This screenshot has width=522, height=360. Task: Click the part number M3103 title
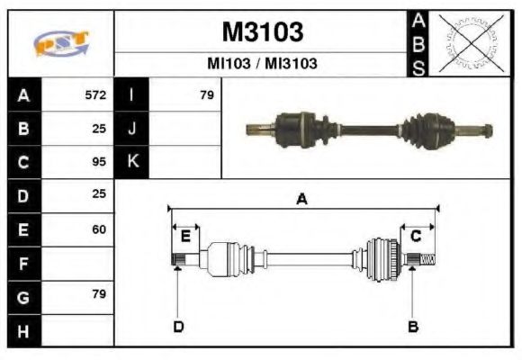262,32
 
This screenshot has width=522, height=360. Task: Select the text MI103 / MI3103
262,65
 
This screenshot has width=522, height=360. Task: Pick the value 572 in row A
95,94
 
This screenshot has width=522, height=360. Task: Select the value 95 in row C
99,162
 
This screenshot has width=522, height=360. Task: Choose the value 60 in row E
99,229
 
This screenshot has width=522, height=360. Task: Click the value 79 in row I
207,94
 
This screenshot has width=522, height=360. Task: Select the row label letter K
132,162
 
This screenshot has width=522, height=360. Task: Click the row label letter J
132,129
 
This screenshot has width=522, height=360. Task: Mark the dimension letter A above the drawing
302,200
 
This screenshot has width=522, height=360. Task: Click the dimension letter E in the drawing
185,237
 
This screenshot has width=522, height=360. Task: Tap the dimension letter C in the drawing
416,237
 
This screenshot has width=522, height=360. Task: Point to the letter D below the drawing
178,326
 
